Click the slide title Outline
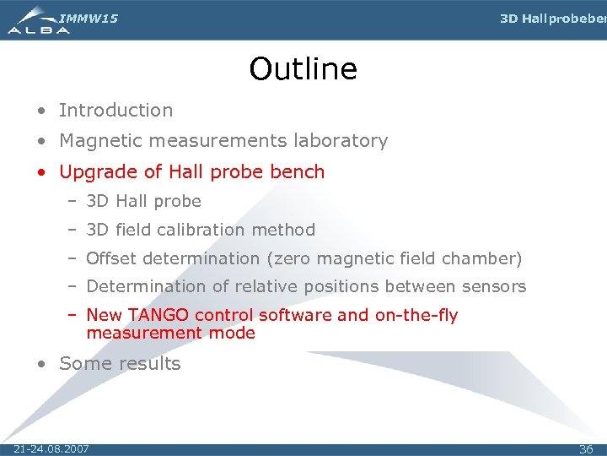coord(303,69)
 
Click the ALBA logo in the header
coord(38,21)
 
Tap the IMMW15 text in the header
coord(89,19)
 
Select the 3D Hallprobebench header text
coord(552,19)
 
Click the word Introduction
coord(115,110)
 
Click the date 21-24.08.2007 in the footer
coord(51,448)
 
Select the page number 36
coord(586,449)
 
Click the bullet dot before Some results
coord(42,365)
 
